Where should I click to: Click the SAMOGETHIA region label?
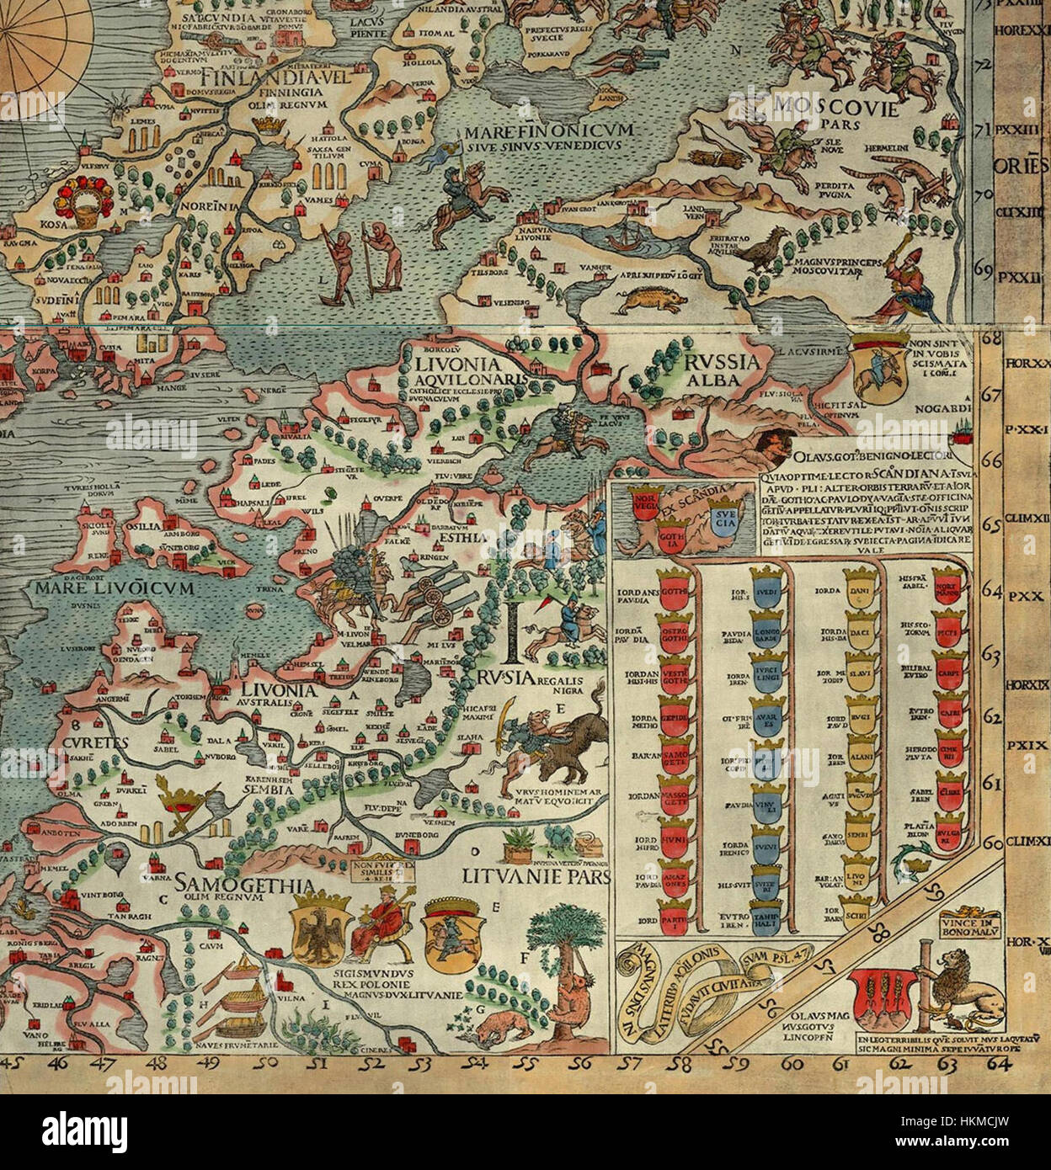pos(232,885)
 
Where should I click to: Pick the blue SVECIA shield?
pos(722,514)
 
